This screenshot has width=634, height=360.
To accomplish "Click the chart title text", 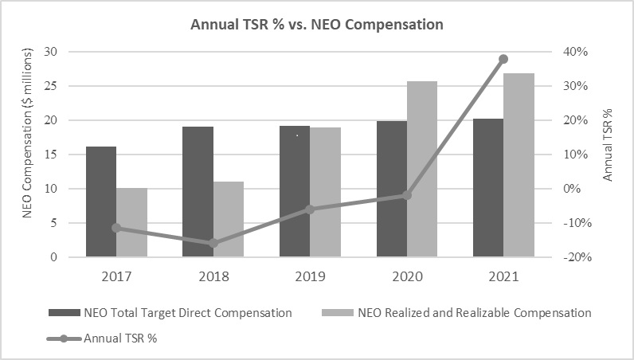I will (317, 25).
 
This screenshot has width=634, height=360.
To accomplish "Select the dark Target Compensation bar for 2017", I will (101, 202).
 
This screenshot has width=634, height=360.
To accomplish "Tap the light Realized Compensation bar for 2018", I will (229, 219).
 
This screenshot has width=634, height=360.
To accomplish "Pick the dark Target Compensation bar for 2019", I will (295, 191).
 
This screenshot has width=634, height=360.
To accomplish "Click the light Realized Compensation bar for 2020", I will (422, 169).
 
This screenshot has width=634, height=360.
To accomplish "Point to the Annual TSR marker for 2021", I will (503, 59).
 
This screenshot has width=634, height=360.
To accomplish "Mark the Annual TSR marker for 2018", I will (213, 243).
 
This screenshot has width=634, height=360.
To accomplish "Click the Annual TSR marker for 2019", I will (310, 209).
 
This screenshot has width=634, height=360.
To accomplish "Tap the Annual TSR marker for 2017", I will (116, 228).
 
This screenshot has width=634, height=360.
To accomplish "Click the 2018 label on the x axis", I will (213, 277).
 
